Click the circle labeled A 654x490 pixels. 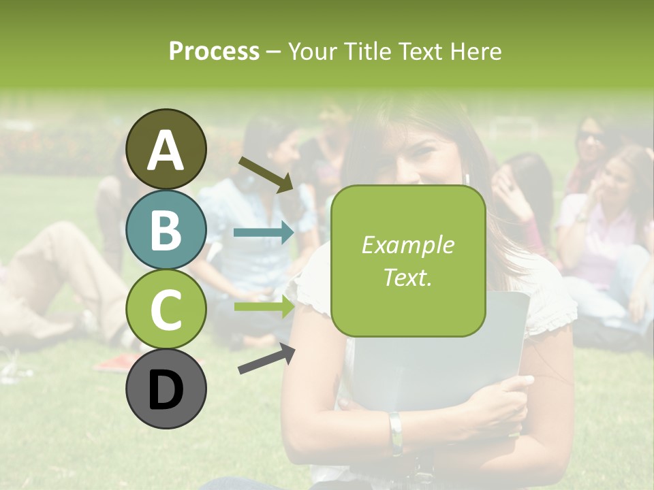pos(166,149)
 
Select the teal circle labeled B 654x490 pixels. pos(166,230)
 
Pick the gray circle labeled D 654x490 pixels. pos(166,389)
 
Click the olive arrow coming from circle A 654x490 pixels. pos(266,174)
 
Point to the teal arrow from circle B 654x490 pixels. pos(264,233)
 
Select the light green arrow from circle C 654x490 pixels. pos(264,306)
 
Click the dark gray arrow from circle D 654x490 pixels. pos(266,359)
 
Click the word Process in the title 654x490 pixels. pos(214,52)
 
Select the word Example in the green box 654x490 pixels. pos(407,245)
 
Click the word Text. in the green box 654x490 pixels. pos(407,277)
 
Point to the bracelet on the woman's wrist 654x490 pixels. pos(396,431)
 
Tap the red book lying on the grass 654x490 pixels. pos(120,362)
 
